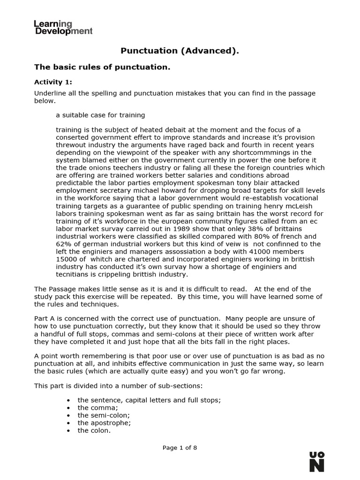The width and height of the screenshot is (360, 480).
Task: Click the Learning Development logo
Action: (63, 27)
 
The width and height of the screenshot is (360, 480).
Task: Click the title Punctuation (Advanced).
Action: (180, 51)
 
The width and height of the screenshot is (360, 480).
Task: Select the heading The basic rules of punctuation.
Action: (102, 67)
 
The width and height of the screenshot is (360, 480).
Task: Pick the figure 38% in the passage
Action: (244, 229)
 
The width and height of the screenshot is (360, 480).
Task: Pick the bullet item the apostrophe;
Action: (104, 423)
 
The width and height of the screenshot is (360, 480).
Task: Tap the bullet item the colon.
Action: (94, 430)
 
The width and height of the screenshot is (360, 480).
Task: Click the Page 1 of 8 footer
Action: (180, 448)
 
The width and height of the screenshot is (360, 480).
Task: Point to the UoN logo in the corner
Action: (317, 462)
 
